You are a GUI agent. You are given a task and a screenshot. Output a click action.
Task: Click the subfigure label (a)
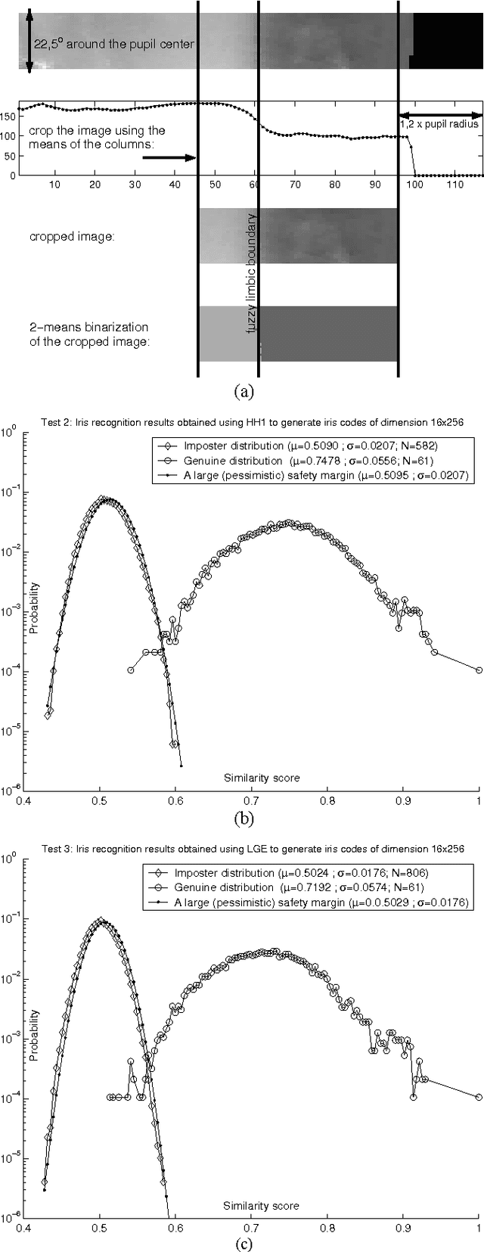tap(243, 391)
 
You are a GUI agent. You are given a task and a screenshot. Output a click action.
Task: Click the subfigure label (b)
tap(243, 817)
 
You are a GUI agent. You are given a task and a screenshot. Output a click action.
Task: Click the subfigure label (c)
tap(243, 1242)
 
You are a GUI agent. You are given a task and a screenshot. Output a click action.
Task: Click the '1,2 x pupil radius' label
tap(439, 124)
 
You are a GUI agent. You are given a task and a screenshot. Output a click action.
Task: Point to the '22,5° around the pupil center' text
tap(114, 45)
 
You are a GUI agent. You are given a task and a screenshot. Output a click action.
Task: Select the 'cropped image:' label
tap(73, 237)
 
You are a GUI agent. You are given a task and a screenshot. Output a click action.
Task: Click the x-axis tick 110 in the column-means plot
tap(456, 185)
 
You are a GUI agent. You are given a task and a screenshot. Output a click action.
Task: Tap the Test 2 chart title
tap(243, 423)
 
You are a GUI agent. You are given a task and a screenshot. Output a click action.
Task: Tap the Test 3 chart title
tap(243, 849)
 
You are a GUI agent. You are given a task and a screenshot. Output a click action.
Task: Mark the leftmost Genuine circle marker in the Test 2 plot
tap(131, 669)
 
